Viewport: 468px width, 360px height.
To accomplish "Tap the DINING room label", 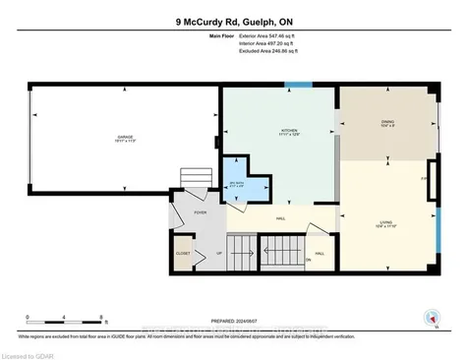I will point(386,123).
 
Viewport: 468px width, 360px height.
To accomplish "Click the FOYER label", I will point(200,212).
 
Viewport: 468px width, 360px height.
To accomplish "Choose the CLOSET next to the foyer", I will point(184,253).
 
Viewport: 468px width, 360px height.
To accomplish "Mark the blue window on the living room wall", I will point(438,225).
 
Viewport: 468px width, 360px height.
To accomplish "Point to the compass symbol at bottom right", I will point(429,317).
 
